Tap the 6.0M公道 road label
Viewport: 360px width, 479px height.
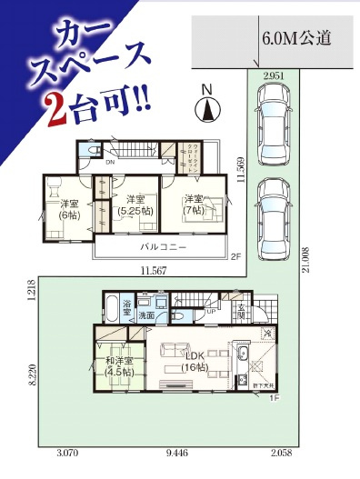295,38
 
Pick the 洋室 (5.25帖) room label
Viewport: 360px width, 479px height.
135,205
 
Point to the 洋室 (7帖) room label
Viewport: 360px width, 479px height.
192,205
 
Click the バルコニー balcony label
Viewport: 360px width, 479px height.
164,246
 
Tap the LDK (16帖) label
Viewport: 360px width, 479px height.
192,357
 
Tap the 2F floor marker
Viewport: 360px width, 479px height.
235,257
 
